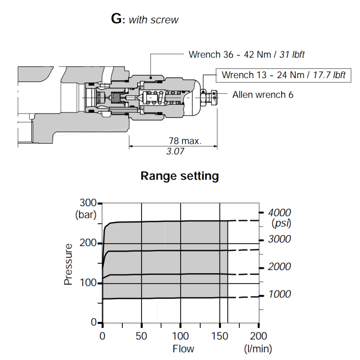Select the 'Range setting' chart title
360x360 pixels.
(x=180, y=176)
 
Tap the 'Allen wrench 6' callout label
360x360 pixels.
(x=263, y=95)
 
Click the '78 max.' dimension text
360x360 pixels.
(x=185, y=141)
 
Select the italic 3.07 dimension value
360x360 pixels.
(x=175, y=151)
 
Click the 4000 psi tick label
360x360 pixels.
(x=279, y=212)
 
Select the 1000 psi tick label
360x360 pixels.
(x=279, y=294)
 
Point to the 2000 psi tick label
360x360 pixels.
(x=279, y=267)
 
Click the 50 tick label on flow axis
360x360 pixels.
(x=141, y=336)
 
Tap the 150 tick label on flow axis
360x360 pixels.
(x=220, y=336)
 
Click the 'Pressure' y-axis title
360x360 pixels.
(x=68, y=264)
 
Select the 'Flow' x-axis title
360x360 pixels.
(x=183, y=348)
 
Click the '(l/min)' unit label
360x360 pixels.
(x=258, y=348)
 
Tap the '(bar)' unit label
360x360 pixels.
(x=86, y=215)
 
